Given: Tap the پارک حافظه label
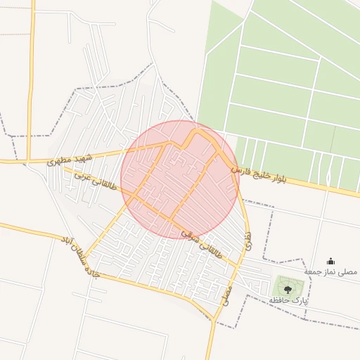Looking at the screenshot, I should pos(288,301).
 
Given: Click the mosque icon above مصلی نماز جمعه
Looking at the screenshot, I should pos(331,261).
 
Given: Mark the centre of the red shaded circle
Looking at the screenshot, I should pos(180,179).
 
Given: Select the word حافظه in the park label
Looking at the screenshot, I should pos(280,301).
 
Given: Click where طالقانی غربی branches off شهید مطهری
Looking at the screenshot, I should pos(59,166).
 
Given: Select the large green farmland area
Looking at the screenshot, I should pos(281,84).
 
